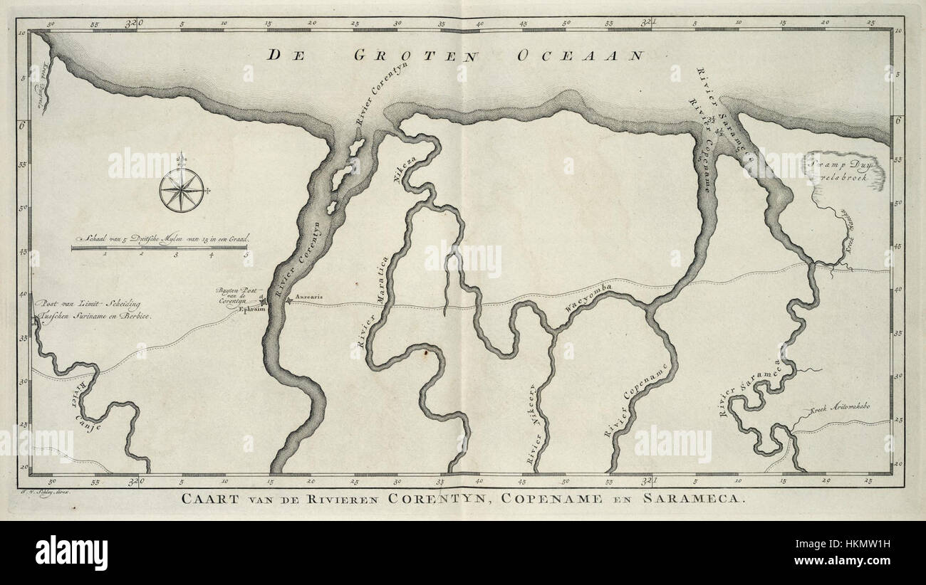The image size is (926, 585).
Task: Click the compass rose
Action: pyautogui.click(x=182, y=191)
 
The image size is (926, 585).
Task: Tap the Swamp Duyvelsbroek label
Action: pyautogui.click(x=843, y=168)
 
